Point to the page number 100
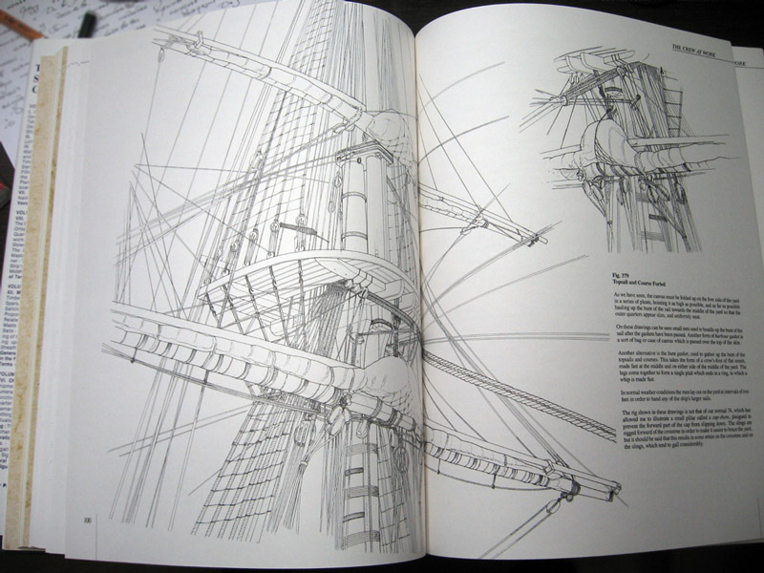87,520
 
